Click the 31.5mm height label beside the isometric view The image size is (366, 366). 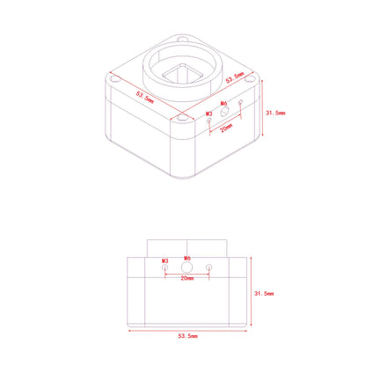(275, 113)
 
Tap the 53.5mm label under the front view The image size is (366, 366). (188, 336)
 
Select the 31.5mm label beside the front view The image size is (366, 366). (264, 293)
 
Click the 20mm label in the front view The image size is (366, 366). (187, 278)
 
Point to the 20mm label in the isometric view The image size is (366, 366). (226, 128)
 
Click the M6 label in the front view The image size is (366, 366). (187, 259)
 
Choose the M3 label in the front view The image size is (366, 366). (165, 260)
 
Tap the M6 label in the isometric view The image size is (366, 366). (223, 103)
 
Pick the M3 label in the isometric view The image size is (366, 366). (209, 113)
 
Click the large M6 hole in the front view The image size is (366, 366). (187, 267)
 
